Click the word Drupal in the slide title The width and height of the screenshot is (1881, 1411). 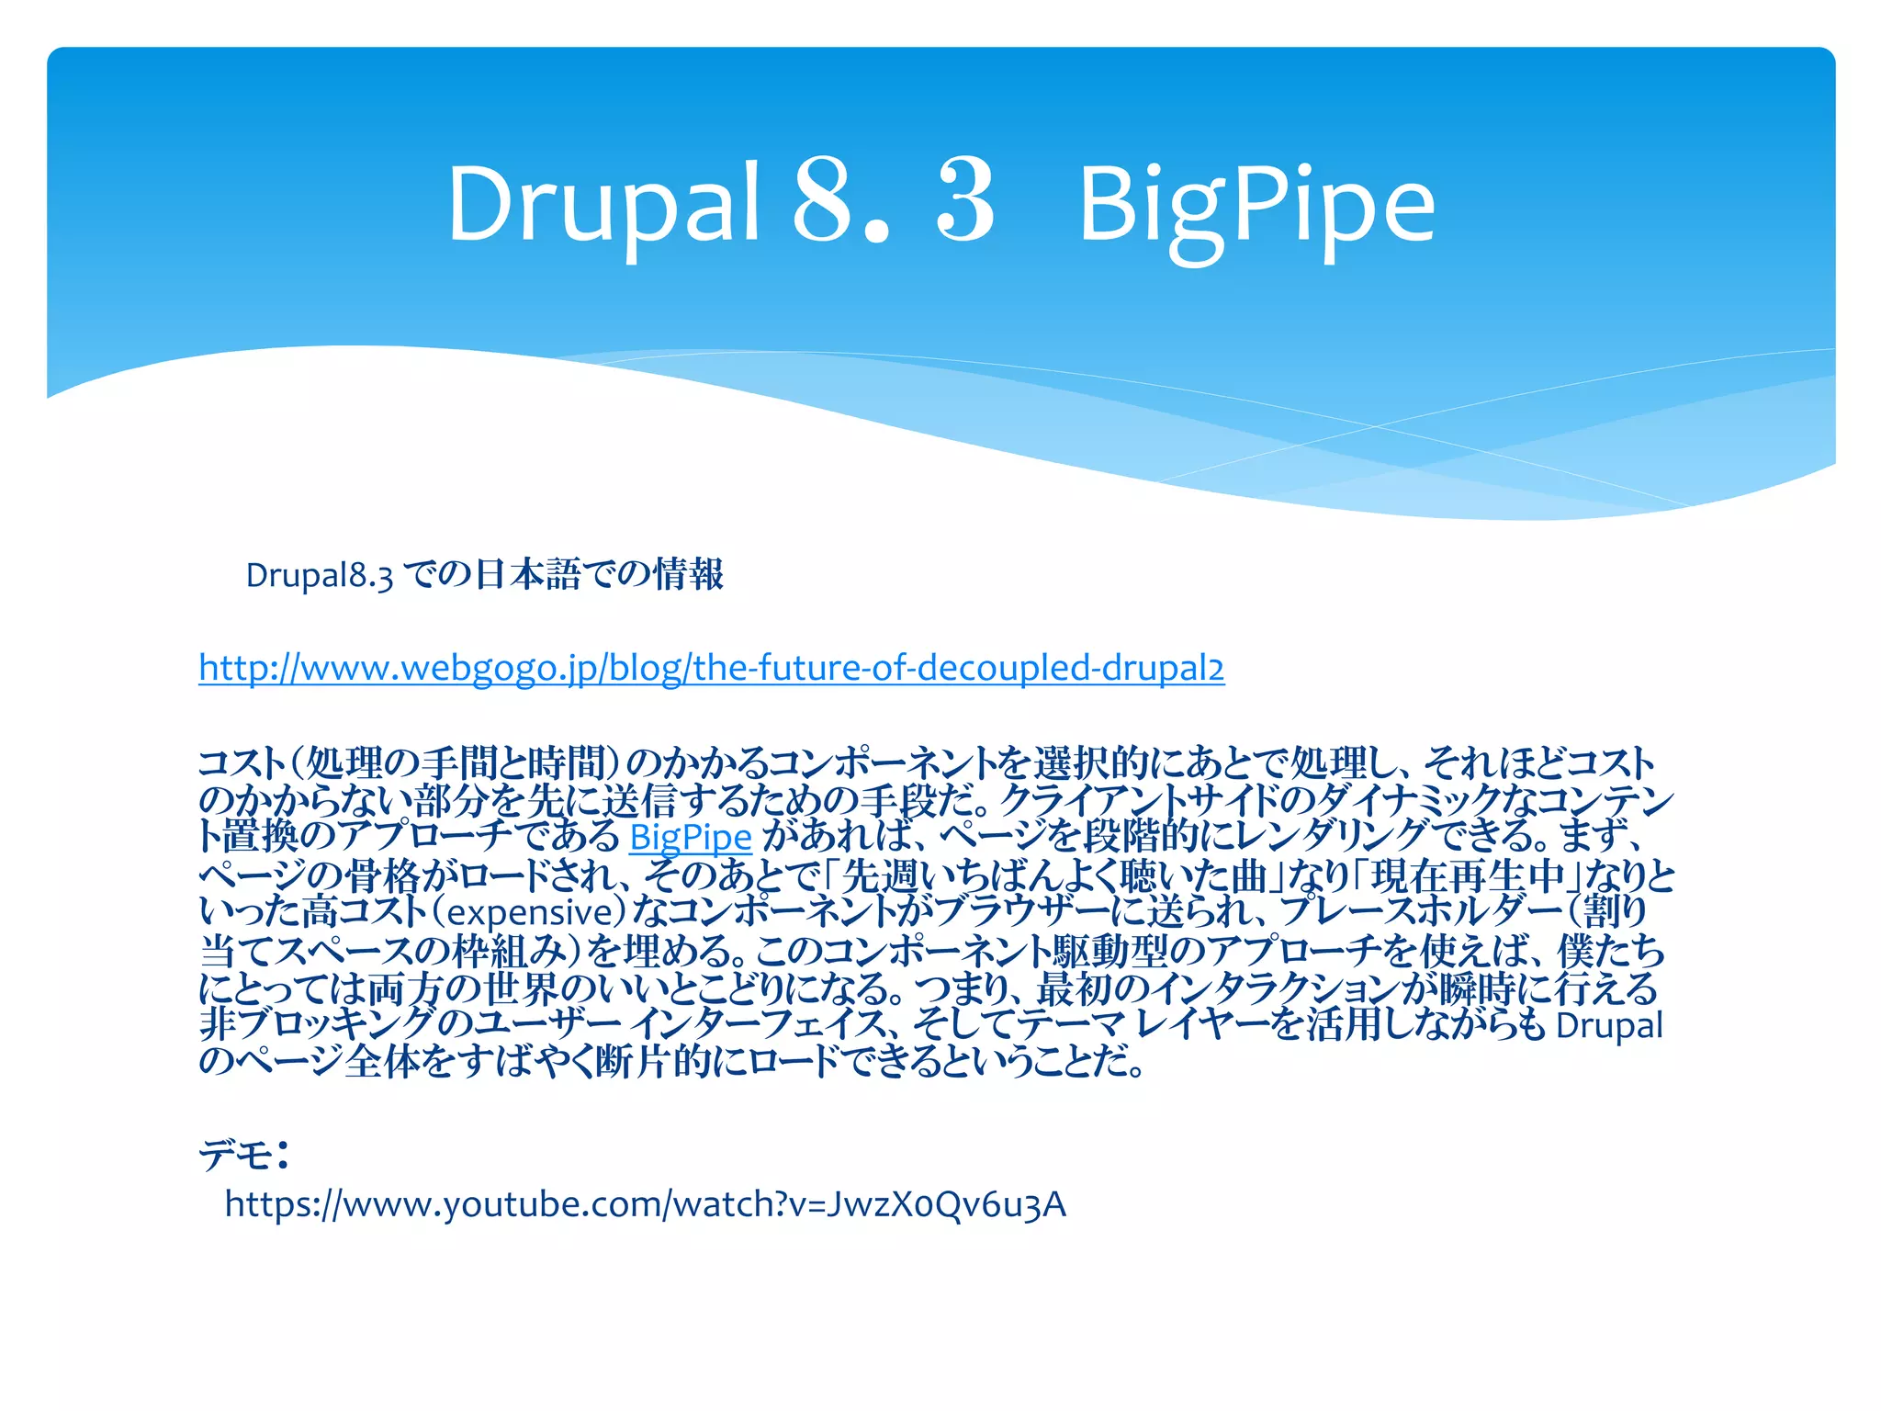[603, 204]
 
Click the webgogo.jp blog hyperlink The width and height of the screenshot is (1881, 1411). [711, 668]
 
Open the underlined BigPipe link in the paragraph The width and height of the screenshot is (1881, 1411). [691, 838]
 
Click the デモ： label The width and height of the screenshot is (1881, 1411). [244, 1154]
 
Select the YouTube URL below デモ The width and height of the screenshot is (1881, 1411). [645, 1204]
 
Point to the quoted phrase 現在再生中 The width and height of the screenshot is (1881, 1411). [1468, 875]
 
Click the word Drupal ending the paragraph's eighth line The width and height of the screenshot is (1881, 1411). [1608, 1025]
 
